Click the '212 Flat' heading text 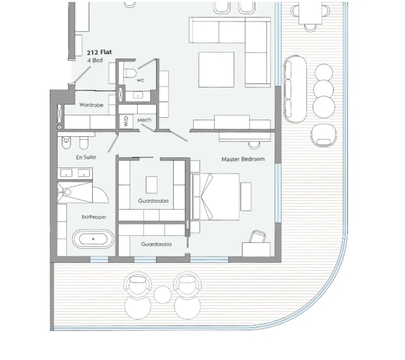tap(100, 52)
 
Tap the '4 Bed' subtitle tap(95, 61)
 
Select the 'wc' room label tap(140, 80)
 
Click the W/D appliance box tap(126, 121)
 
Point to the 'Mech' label tap(144, 120)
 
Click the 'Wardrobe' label tap(91, 105)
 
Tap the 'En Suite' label tap(86, 157)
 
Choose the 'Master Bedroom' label tap(243, 159)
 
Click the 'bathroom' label tap(94, 217)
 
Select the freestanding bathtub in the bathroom tap(93, 239)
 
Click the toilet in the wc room tap(130, 73)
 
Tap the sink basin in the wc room tap(138, 96)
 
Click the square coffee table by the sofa tap(216, 70)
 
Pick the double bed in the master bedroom tap(216, 197)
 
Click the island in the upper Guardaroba tap(152, 185)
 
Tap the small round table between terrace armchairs tap(163, 295)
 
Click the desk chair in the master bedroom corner tap(258, 236)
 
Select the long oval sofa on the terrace tap(295, 89)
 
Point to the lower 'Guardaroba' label tap(156, 244)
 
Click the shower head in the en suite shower tap(67, 192)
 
